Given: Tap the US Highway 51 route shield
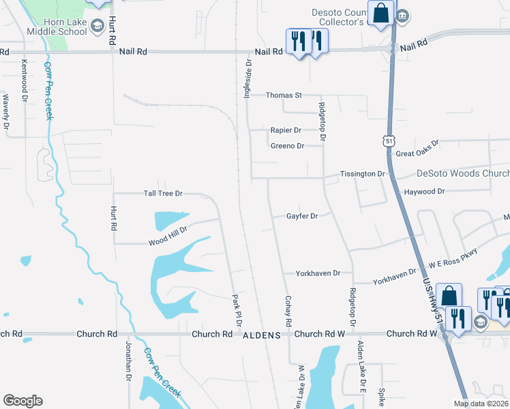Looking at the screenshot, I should (388, 140).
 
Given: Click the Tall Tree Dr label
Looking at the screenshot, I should (163, 194).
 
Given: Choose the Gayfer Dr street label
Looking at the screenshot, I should (302, 216).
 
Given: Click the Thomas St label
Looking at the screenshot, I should (284, 95).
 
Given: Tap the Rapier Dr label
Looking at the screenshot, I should (286, 130).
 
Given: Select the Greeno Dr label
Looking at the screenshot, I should (287, 146).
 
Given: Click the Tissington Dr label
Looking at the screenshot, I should (362, 174).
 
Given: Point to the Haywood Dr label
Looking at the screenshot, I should (424, 192).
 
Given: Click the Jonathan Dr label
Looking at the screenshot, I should (127, 361).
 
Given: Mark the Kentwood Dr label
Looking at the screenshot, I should (24, 76).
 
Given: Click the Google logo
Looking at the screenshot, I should (22, 401).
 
